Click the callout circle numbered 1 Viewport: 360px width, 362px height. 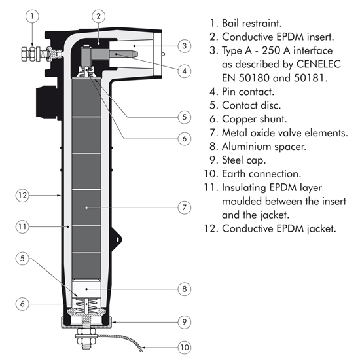pos(32,16)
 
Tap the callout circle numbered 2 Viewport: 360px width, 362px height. pos(99,16)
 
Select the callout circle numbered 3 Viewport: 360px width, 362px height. pos(185,46)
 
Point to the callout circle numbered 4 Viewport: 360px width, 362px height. pos(185,71)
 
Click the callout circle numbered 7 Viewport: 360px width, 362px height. pos(185,208)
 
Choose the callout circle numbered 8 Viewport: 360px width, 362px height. pos(185,289)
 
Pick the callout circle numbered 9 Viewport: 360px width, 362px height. pos(185,322)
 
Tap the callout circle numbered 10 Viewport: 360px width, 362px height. pos(185,347)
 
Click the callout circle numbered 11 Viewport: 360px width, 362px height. pos(22,226)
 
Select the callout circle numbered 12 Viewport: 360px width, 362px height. pos(22,196)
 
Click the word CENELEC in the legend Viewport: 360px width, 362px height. pos(318,64)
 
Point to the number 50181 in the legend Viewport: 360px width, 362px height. pos(309,78)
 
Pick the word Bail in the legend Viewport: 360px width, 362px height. pos(230,23)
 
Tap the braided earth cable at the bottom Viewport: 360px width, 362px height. pos(120,341)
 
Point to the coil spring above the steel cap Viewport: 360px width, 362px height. pos(86,304)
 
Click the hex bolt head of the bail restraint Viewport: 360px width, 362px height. pos(24,54)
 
